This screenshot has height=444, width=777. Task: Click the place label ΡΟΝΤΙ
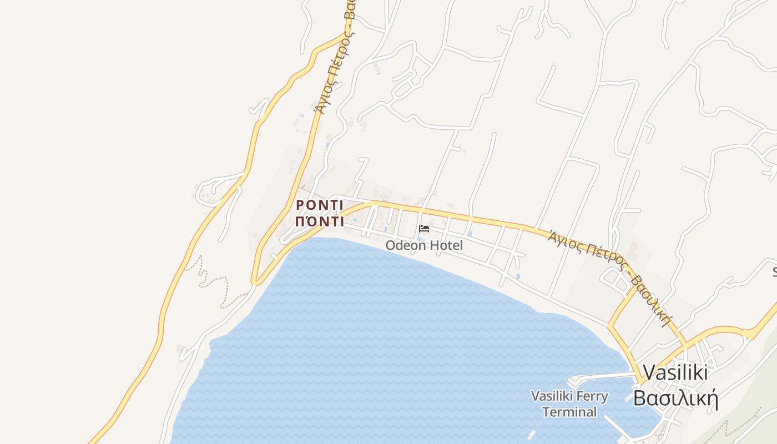coord(320,205)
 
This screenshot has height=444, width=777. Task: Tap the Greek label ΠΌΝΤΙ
coord(320,221)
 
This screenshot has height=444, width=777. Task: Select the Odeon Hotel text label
coord(424,245)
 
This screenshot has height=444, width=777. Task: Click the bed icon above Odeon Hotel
coord(424,228)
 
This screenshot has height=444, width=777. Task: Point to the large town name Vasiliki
coord(675,372)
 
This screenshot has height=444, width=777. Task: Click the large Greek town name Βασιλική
coord(676,398)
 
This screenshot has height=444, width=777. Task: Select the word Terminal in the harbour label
coord(569,412)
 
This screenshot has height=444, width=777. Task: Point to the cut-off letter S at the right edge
coord(775,271)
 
